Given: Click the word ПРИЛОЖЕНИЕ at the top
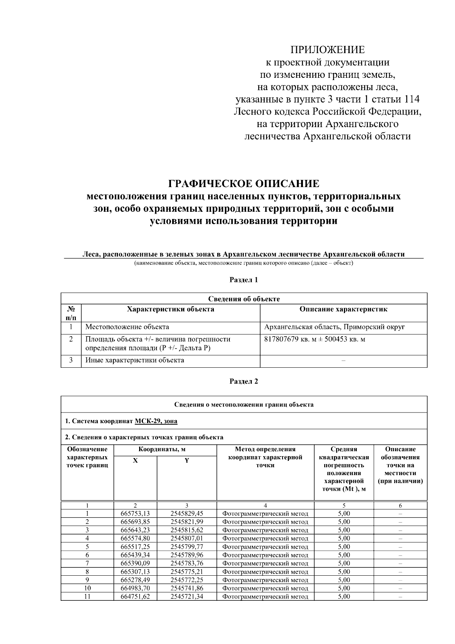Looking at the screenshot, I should pos(327,50).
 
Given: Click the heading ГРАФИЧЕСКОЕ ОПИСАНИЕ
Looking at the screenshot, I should pos(244,184).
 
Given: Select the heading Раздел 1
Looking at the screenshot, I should pos(244,280).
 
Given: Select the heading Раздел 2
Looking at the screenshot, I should pos(244,381).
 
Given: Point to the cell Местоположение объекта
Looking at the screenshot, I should pos(127,327).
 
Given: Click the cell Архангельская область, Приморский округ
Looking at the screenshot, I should pos(334,327).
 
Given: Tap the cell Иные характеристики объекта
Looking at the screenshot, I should pos(135,360).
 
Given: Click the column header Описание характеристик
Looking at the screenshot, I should pos(343,309).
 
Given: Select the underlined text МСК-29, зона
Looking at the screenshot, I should pos(156,421).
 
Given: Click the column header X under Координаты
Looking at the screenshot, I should pos(135,460).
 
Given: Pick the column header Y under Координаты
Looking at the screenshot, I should pos(187,460).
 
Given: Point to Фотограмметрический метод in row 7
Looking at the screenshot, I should pos(265,563).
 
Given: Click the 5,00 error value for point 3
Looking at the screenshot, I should pos(344,530).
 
